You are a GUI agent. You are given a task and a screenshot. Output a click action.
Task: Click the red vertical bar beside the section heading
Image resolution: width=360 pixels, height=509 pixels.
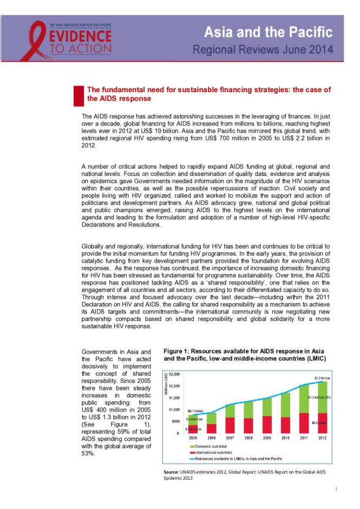click(x=76, y=94)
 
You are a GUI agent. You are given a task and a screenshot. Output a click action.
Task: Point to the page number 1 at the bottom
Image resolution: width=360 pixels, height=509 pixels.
click(x=336, y=489)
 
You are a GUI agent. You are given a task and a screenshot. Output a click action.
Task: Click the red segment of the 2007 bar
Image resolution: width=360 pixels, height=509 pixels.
click(x=230, y=425)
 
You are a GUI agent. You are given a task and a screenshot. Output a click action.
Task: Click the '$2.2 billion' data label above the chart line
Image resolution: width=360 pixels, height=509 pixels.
click(x=323, y=377)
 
